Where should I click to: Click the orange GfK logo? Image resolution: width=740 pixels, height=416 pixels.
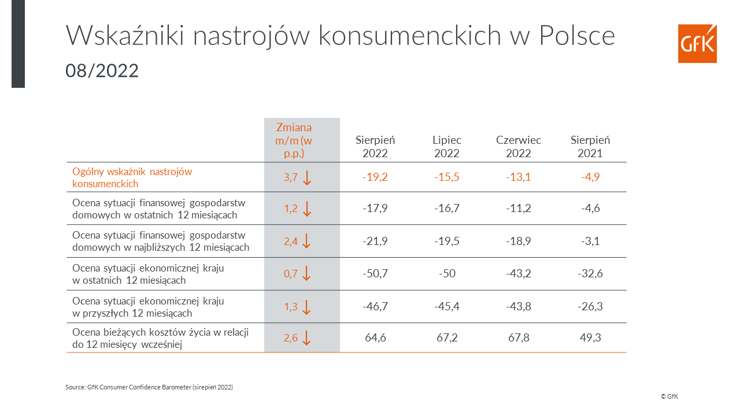(x=697, y=43)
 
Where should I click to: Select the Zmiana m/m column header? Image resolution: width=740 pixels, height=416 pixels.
(x=294, y=140)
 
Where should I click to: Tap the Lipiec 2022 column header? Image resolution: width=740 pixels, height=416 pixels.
(x=447, y=147)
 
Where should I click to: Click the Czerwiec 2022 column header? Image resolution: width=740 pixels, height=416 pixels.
(x=519, y=147)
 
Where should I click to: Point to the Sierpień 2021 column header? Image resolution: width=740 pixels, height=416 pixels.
(x=590, y=147)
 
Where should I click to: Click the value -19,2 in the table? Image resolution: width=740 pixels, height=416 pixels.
(x=375, y=177)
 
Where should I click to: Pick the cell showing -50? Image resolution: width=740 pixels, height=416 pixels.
(x=447, y=273)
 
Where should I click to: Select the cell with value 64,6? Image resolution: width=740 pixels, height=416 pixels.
(x=375, y=337)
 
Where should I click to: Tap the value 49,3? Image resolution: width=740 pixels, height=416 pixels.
(x=590, y=337)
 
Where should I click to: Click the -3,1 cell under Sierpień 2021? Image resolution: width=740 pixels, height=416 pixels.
(x=590, y=241)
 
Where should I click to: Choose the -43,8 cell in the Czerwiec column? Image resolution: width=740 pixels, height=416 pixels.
(x=519, y=306)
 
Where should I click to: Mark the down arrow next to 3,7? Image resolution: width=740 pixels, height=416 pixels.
(x=307, y=177)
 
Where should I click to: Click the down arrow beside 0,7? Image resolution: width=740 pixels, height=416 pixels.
(x=307, y=273)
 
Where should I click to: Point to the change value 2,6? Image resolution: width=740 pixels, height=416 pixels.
(x=291, y=338)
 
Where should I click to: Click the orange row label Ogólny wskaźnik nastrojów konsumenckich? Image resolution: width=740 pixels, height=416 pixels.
(x=132, y=177)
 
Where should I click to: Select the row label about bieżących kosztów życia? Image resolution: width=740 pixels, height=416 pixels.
(x=160, y=338)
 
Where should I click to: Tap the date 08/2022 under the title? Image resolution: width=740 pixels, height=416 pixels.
(x=102, y=70)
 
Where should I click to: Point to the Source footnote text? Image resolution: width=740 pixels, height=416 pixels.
(x=149, y=387)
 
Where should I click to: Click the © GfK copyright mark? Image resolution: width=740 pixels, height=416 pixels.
(x=669, y=396)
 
